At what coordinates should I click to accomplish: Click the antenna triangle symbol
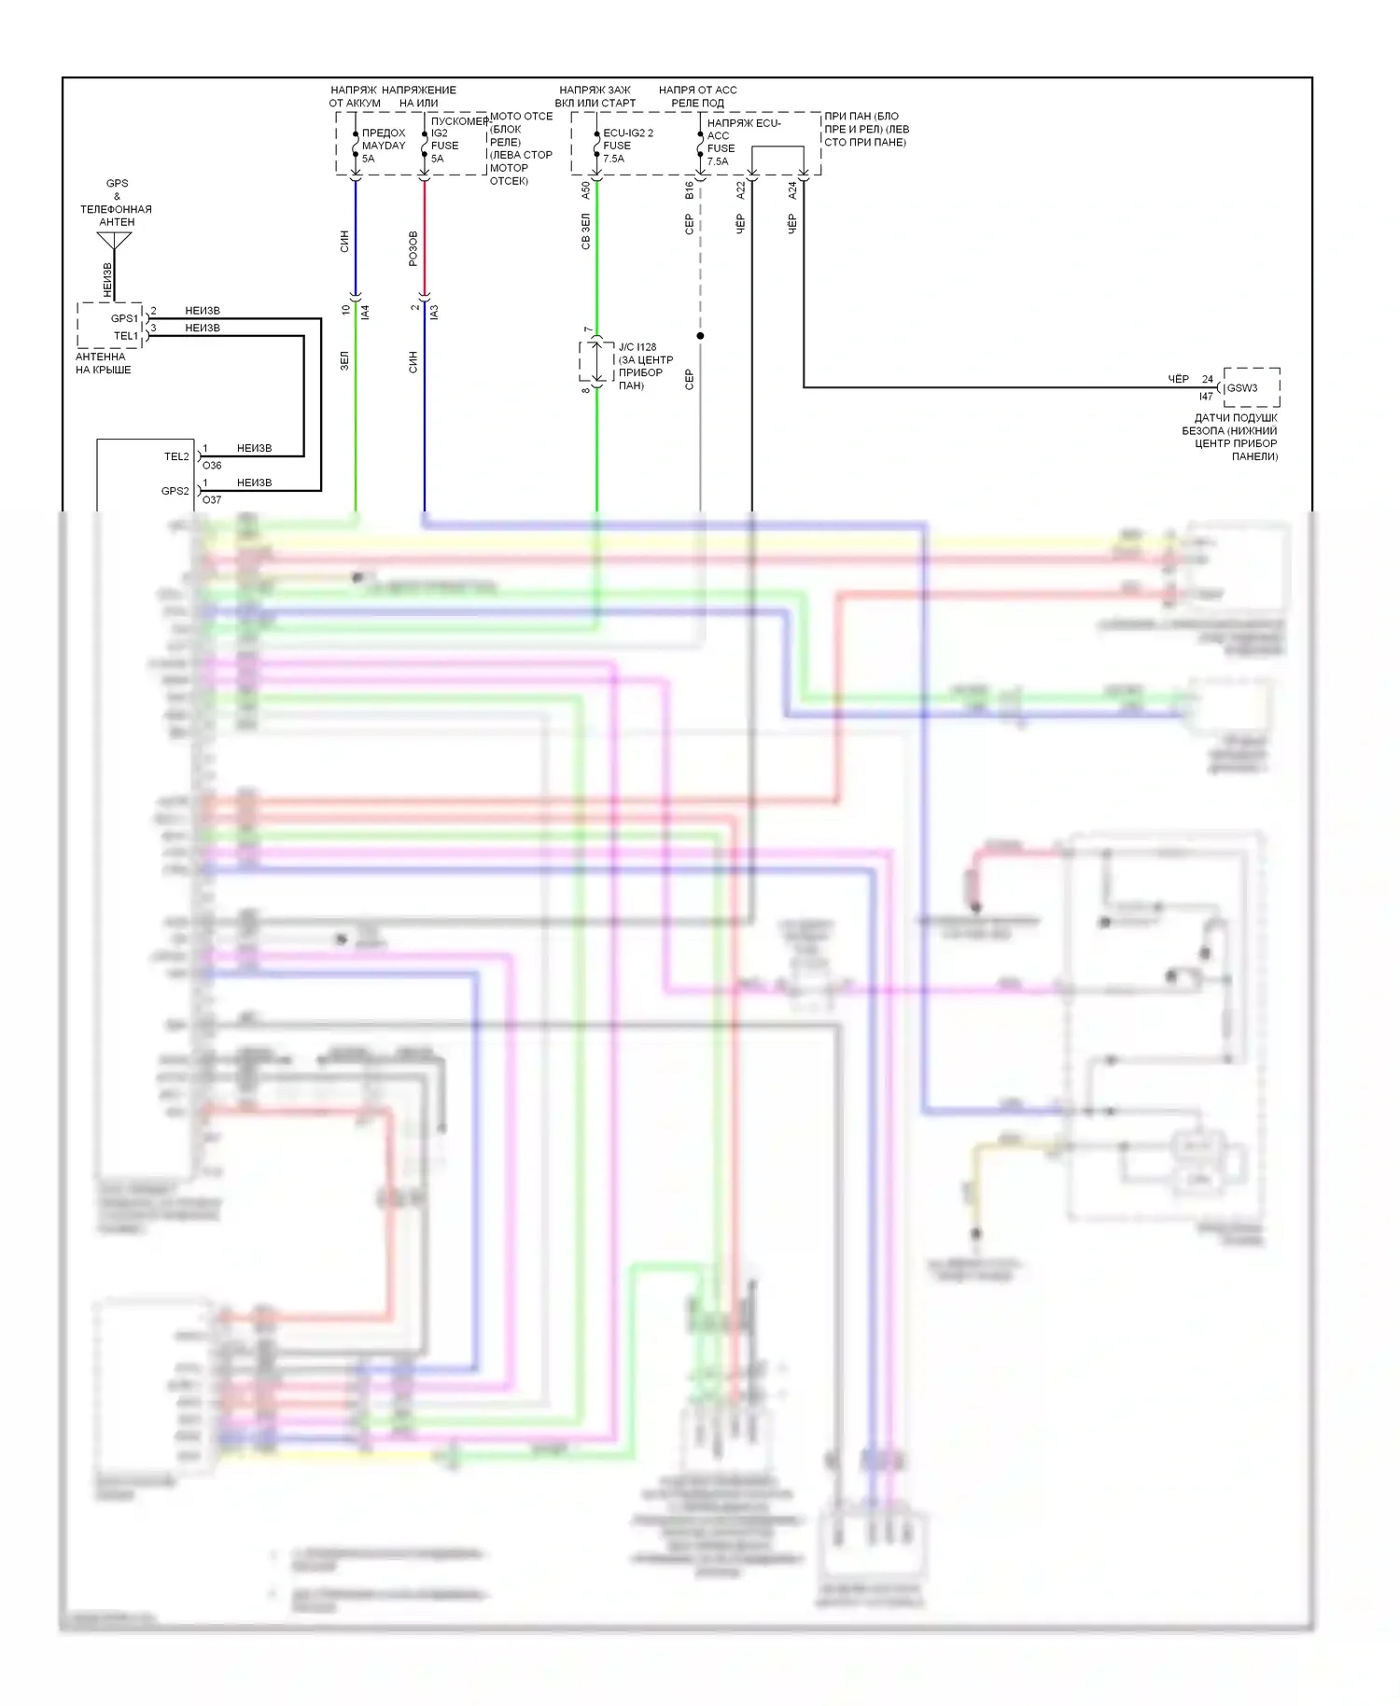[115, 241]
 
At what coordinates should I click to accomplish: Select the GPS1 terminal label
[124, 318]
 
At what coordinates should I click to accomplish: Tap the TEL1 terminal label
[126, 335]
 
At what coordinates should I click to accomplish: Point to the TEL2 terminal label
[176, 456]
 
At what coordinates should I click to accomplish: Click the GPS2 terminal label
[175, 491]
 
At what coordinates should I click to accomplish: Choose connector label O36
[212, 466]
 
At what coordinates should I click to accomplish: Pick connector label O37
[212, 500]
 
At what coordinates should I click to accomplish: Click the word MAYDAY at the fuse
[384, 146]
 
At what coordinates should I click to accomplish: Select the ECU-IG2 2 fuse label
[628, 133]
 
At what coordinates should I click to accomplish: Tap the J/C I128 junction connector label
[637, 347]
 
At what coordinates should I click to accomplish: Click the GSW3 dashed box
[1251, 387]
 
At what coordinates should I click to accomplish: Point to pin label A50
[586, 190]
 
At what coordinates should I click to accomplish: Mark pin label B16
[690, 190]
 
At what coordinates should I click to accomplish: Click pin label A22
[741, 190]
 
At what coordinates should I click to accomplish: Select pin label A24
[792, 190]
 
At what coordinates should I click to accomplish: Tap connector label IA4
[366, 312]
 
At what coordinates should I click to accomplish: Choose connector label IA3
[434, 312]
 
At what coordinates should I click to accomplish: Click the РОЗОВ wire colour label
[413, 248]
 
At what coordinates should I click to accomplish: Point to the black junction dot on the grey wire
[700, 336]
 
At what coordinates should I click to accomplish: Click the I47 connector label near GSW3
[1206, 397]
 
